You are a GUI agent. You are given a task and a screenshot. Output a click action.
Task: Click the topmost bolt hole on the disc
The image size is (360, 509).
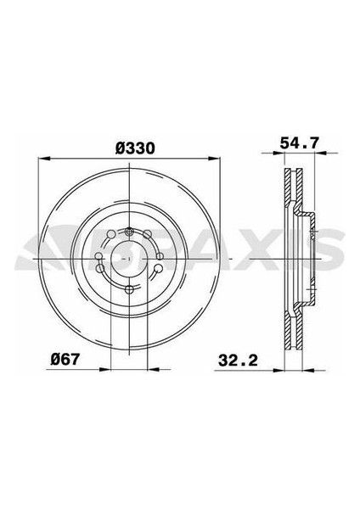pos(127,232)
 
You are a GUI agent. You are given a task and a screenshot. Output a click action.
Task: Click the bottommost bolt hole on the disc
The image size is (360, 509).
pos(127,290)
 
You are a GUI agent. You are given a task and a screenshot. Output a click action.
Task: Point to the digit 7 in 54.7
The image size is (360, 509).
pos(315,148)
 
